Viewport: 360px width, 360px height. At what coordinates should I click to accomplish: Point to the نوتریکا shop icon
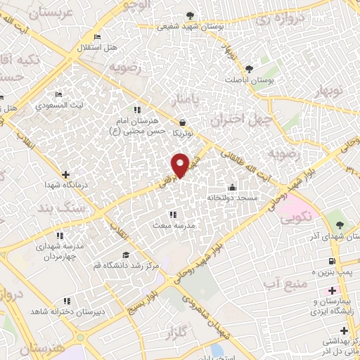pyautogui.click(x=182, y=122)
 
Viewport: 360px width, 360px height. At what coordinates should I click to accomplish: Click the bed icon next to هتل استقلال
pyautogui.click(x=97, y=37)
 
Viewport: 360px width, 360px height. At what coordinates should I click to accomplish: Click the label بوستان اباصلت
pyautogui.click(x=249, y=79)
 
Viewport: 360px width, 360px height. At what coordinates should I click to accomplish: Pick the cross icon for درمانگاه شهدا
pyautogui.click(x=65, y=174)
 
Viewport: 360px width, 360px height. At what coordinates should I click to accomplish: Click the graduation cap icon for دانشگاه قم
pyautogui.click(x=126, y=255)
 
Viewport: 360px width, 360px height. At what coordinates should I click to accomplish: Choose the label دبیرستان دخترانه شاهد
pyautogui.click(x=67, y=311)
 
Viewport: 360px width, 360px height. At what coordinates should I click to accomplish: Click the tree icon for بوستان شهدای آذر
pyautogui.click(x=340, y=225)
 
